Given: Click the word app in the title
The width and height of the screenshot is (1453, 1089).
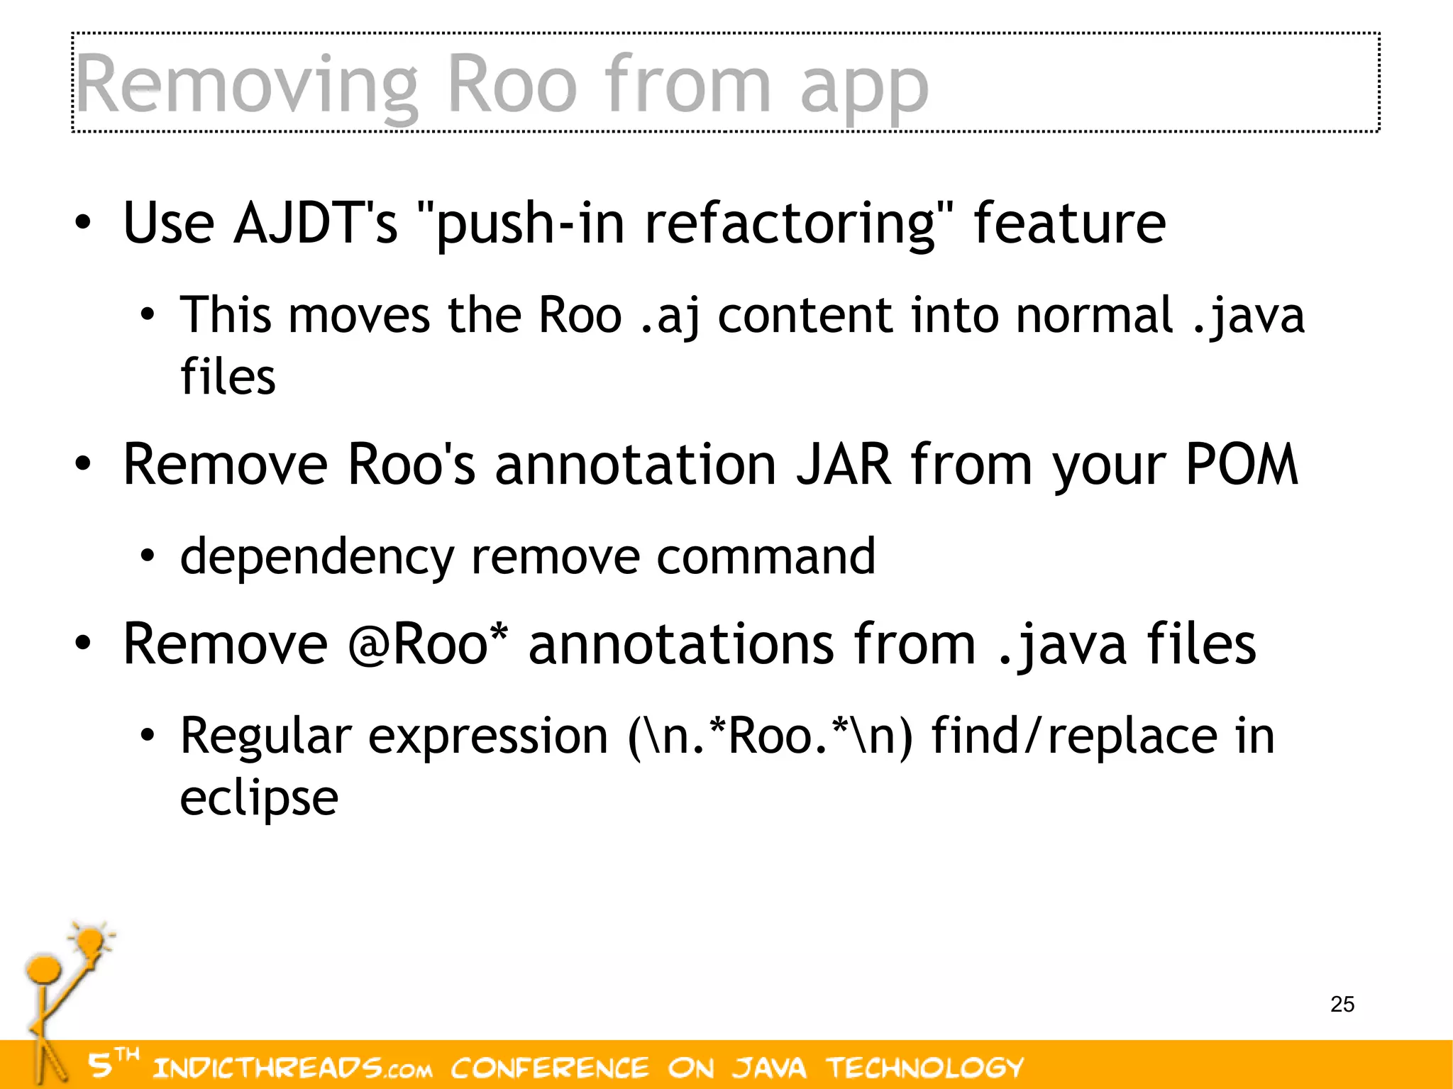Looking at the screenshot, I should tap(863, 89).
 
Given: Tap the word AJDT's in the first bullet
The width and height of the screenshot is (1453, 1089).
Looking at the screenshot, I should tap(315, 223).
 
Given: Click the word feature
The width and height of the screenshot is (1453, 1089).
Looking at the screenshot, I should tap(1069, 223).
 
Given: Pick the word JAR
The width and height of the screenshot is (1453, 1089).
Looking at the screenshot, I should tap(844, 465).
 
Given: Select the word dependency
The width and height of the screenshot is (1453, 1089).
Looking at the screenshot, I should tap(316, 558).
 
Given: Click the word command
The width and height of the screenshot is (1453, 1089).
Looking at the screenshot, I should tap(766, 556).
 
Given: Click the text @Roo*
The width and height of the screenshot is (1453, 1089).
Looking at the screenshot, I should tap(429, 644).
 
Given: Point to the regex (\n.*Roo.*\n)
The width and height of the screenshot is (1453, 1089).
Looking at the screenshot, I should tap(770, 736).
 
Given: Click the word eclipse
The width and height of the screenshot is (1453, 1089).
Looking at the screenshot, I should tap(259, 799).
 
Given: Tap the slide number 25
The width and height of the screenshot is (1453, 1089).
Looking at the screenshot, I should tap(1342, 1005).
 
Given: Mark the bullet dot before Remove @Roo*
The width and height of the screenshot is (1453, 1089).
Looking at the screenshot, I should tap(83, 643).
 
